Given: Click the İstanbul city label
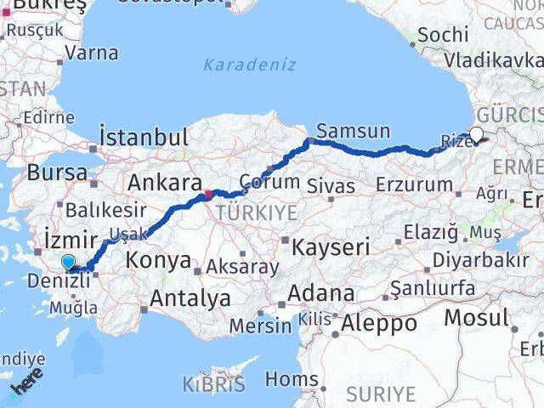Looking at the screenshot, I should [143, 137].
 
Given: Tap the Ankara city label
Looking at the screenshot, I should [163, 182].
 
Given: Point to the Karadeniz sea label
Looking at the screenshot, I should [250, 65].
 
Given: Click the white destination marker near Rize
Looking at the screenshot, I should [476, 134].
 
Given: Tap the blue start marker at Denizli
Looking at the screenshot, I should [68, 263].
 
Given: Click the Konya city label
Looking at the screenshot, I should [161, 260].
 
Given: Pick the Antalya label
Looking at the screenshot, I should [190, 298].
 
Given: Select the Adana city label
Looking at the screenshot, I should [320, 293].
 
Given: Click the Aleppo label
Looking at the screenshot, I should [379, 323].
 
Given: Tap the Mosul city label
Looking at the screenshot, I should [476, 318].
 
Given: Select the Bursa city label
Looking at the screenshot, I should [57, 173].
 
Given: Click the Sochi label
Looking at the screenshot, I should [443, 35].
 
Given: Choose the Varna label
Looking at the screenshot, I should [90, 53].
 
